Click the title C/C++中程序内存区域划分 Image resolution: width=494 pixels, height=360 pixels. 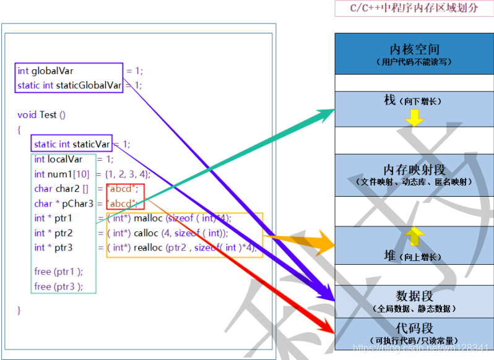pos(414,9)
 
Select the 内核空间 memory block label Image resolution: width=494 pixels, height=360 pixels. pos(414,49)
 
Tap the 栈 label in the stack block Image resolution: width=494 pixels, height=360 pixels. pos(390,100)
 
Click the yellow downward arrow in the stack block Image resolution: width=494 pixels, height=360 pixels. pos(414,118)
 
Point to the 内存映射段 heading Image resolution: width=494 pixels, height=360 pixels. pos(414,170)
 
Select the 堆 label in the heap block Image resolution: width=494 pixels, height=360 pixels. pos(390,255)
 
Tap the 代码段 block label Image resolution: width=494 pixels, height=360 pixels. pos(414,327)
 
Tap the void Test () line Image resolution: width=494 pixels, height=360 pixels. pos(41,114)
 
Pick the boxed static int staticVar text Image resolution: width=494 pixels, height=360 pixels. pos(72,144)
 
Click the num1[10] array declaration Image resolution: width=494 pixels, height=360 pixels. pos(62,174)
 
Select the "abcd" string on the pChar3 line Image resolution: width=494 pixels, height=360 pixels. pos(122,204)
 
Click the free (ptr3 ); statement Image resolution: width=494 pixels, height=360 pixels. pos(58,286)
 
